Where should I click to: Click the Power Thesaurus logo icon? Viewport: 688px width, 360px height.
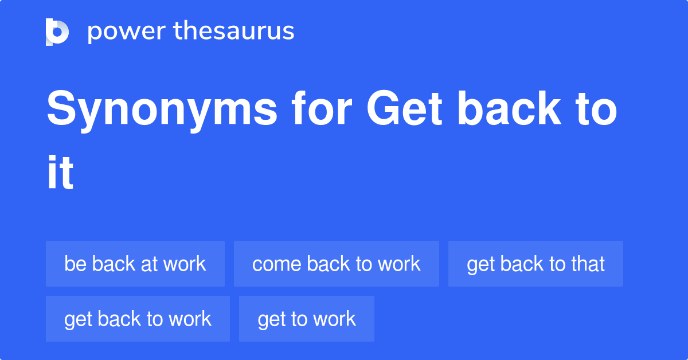pyautogui.click(x=57, y=32)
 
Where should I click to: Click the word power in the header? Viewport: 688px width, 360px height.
pyautogui.click(x=127, y=32)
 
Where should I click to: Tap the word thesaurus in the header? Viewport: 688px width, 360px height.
pyautogui.click(x=234, y=30)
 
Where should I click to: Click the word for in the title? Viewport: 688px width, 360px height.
pyautogui.click(x=321, y=108)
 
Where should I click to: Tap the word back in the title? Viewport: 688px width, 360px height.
pyautogui.click(x=509, y=108)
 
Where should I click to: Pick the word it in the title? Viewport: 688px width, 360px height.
pyautogui.click(x=60, y=172)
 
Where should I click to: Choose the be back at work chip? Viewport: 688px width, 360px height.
pyautogui.click(x=135, y=264)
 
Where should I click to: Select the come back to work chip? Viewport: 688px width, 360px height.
pyautogui.click(x=337, y=264)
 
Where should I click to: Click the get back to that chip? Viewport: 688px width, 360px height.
pyautogui.click(x=535, y=264)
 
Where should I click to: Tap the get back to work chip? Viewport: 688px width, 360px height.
pyautogui.click(x=138, y=319)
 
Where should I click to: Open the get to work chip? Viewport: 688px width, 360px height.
pyautogui.click(x=307, y=319)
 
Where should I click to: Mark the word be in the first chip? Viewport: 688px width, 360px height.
pyautogui.click(x=76, y=264)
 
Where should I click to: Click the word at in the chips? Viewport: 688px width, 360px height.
pyautogui.click(x=150, y=264)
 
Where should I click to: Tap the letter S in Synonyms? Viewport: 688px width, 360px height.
pyautogui.click(x=61, y=108)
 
